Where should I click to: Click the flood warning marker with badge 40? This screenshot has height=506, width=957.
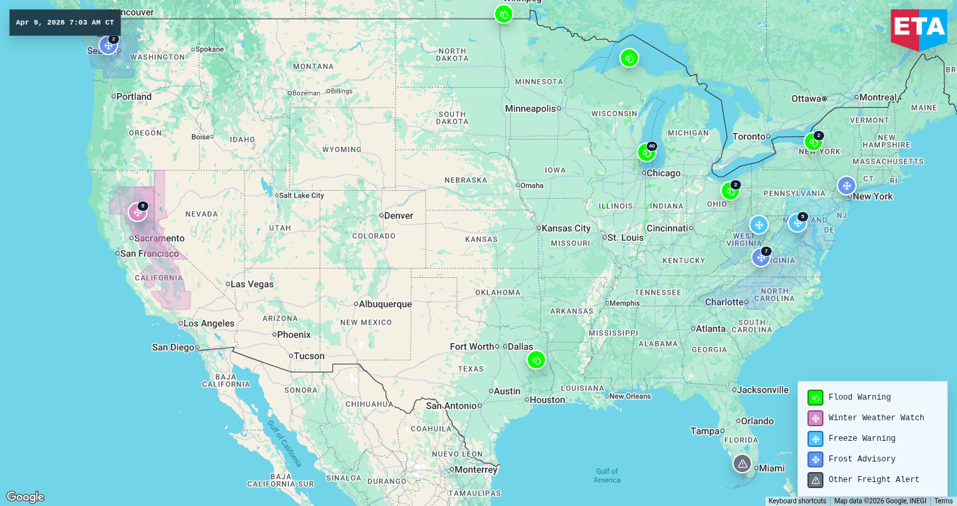coord(646,152)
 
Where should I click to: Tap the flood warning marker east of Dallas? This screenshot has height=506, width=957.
coord(536,360)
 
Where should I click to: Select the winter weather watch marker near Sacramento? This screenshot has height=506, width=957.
coord(138,212)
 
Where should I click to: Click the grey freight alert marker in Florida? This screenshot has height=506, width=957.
coord(742,463)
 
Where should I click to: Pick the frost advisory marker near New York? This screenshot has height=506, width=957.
coord(846,186)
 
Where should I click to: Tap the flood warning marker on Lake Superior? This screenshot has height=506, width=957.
coord(629,58)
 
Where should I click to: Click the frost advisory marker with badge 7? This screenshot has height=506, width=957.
coord(761,257)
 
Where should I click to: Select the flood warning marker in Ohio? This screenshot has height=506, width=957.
coord(730,191)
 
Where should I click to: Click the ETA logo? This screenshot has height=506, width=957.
coord(918,28)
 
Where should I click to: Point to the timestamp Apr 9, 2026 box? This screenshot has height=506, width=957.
coord(65,23)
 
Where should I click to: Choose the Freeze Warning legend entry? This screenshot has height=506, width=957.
coord(861,439)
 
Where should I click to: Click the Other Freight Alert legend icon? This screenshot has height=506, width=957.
coord(815,480)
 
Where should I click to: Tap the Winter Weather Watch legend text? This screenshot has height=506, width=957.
coord(876,418)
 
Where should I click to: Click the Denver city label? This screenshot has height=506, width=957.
coord(398,215)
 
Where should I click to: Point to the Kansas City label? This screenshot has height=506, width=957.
coord(566,228)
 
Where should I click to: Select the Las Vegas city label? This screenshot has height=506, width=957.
coord(252,284)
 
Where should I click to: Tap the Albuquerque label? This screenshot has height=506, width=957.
coord(385,304)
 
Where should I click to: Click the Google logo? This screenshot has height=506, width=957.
coord(25,497)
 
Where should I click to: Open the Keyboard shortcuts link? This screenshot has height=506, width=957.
coord(797,501)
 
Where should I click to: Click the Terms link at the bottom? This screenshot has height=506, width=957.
coord(943,501)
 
